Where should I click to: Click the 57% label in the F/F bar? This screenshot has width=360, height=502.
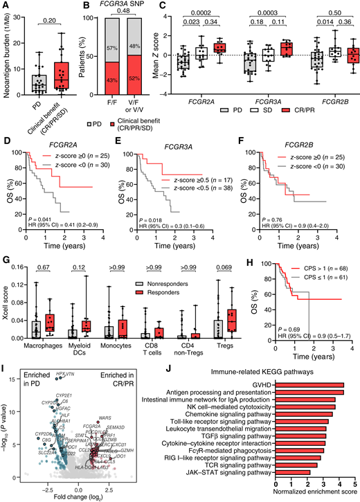click(x=115, y=46)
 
